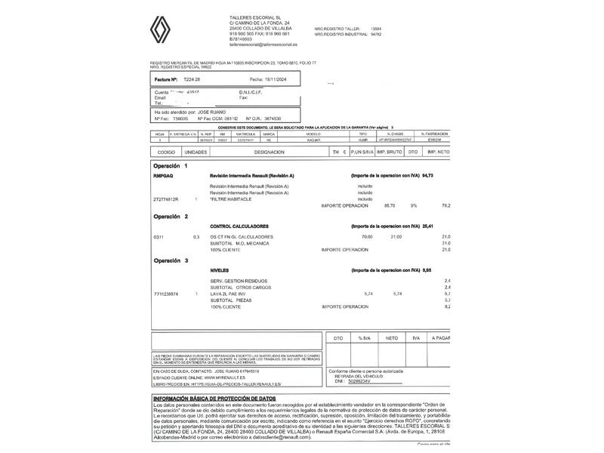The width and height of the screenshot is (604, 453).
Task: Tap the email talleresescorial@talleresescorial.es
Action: click(263, 45)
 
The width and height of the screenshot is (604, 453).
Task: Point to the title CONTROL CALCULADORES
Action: click(242, 226)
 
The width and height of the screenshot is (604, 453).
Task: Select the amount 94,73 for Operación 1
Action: click(427, 175)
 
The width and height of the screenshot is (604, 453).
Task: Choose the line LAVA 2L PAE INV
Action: click(230, 293)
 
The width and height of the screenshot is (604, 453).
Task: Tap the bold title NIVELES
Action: click(220, 269)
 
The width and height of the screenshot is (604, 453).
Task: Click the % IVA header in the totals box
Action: click(365, 338)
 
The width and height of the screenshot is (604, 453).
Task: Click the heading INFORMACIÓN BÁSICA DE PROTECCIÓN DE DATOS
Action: click(214, 398)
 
